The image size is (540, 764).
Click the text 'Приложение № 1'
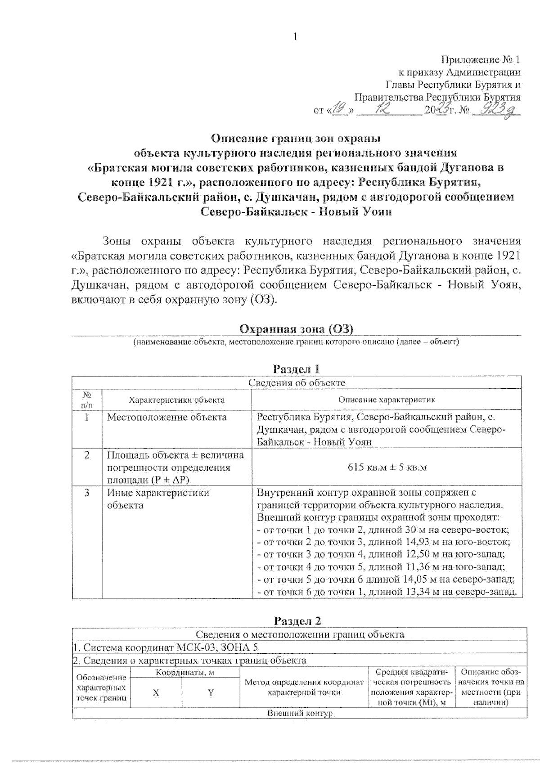481,60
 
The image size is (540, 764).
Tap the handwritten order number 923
495,109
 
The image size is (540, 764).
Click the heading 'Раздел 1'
297,369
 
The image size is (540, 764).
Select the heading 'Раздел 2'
298,621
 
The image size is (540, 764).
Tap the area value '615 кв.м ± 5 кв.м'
387,467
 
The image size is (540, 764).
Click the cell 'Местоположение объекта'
167,417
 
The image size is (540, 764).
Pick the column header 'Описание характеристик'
387,400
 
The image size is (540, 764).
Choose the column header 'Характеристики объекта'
177,400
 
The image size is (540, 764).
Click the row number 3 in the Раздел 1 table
87,493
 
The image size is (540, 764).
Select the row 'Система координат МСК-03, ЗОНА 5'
166,648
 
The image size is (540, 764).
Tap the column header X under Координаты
156,692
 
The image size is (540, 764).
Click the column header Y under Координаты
210,692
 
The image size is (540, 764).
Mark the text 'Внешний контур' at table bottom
300,714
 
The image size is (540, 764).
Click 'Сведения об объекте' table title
297,383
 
